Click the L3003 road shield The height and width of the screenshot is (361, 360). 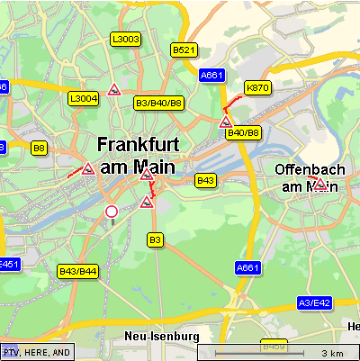(125, 39)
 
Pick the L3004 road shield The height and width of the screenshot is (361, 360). (83, 98)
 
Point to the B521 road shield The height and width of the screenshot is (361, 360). (184, 50)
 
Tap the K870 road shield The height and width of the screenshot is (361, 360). (257, 87)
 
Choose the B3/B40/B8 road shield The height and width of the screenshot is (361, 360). (158, 104)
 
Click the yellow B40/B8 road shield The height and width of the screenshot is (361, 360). (243, 133)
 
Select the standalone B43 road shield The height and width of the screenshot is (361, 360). (206, 181)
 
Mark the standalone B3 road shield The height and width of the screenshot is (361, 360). (155, 239)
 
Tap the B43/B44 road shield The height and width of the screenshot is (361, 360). (77, 271)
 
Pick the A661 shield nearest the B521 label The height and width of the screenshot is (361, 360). (212, 76)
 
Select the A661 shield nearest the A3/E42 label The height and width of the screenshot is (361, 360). (247, 268)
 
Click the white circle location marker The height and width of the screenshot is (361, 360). (112, 212)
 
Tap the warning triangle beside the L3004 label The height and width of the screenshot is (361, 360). (114, 89)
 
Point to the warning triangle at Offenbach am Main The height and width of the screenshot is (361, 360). (319, 185)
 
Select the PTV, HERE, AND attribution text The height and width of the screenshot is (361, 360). (36, 352)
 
